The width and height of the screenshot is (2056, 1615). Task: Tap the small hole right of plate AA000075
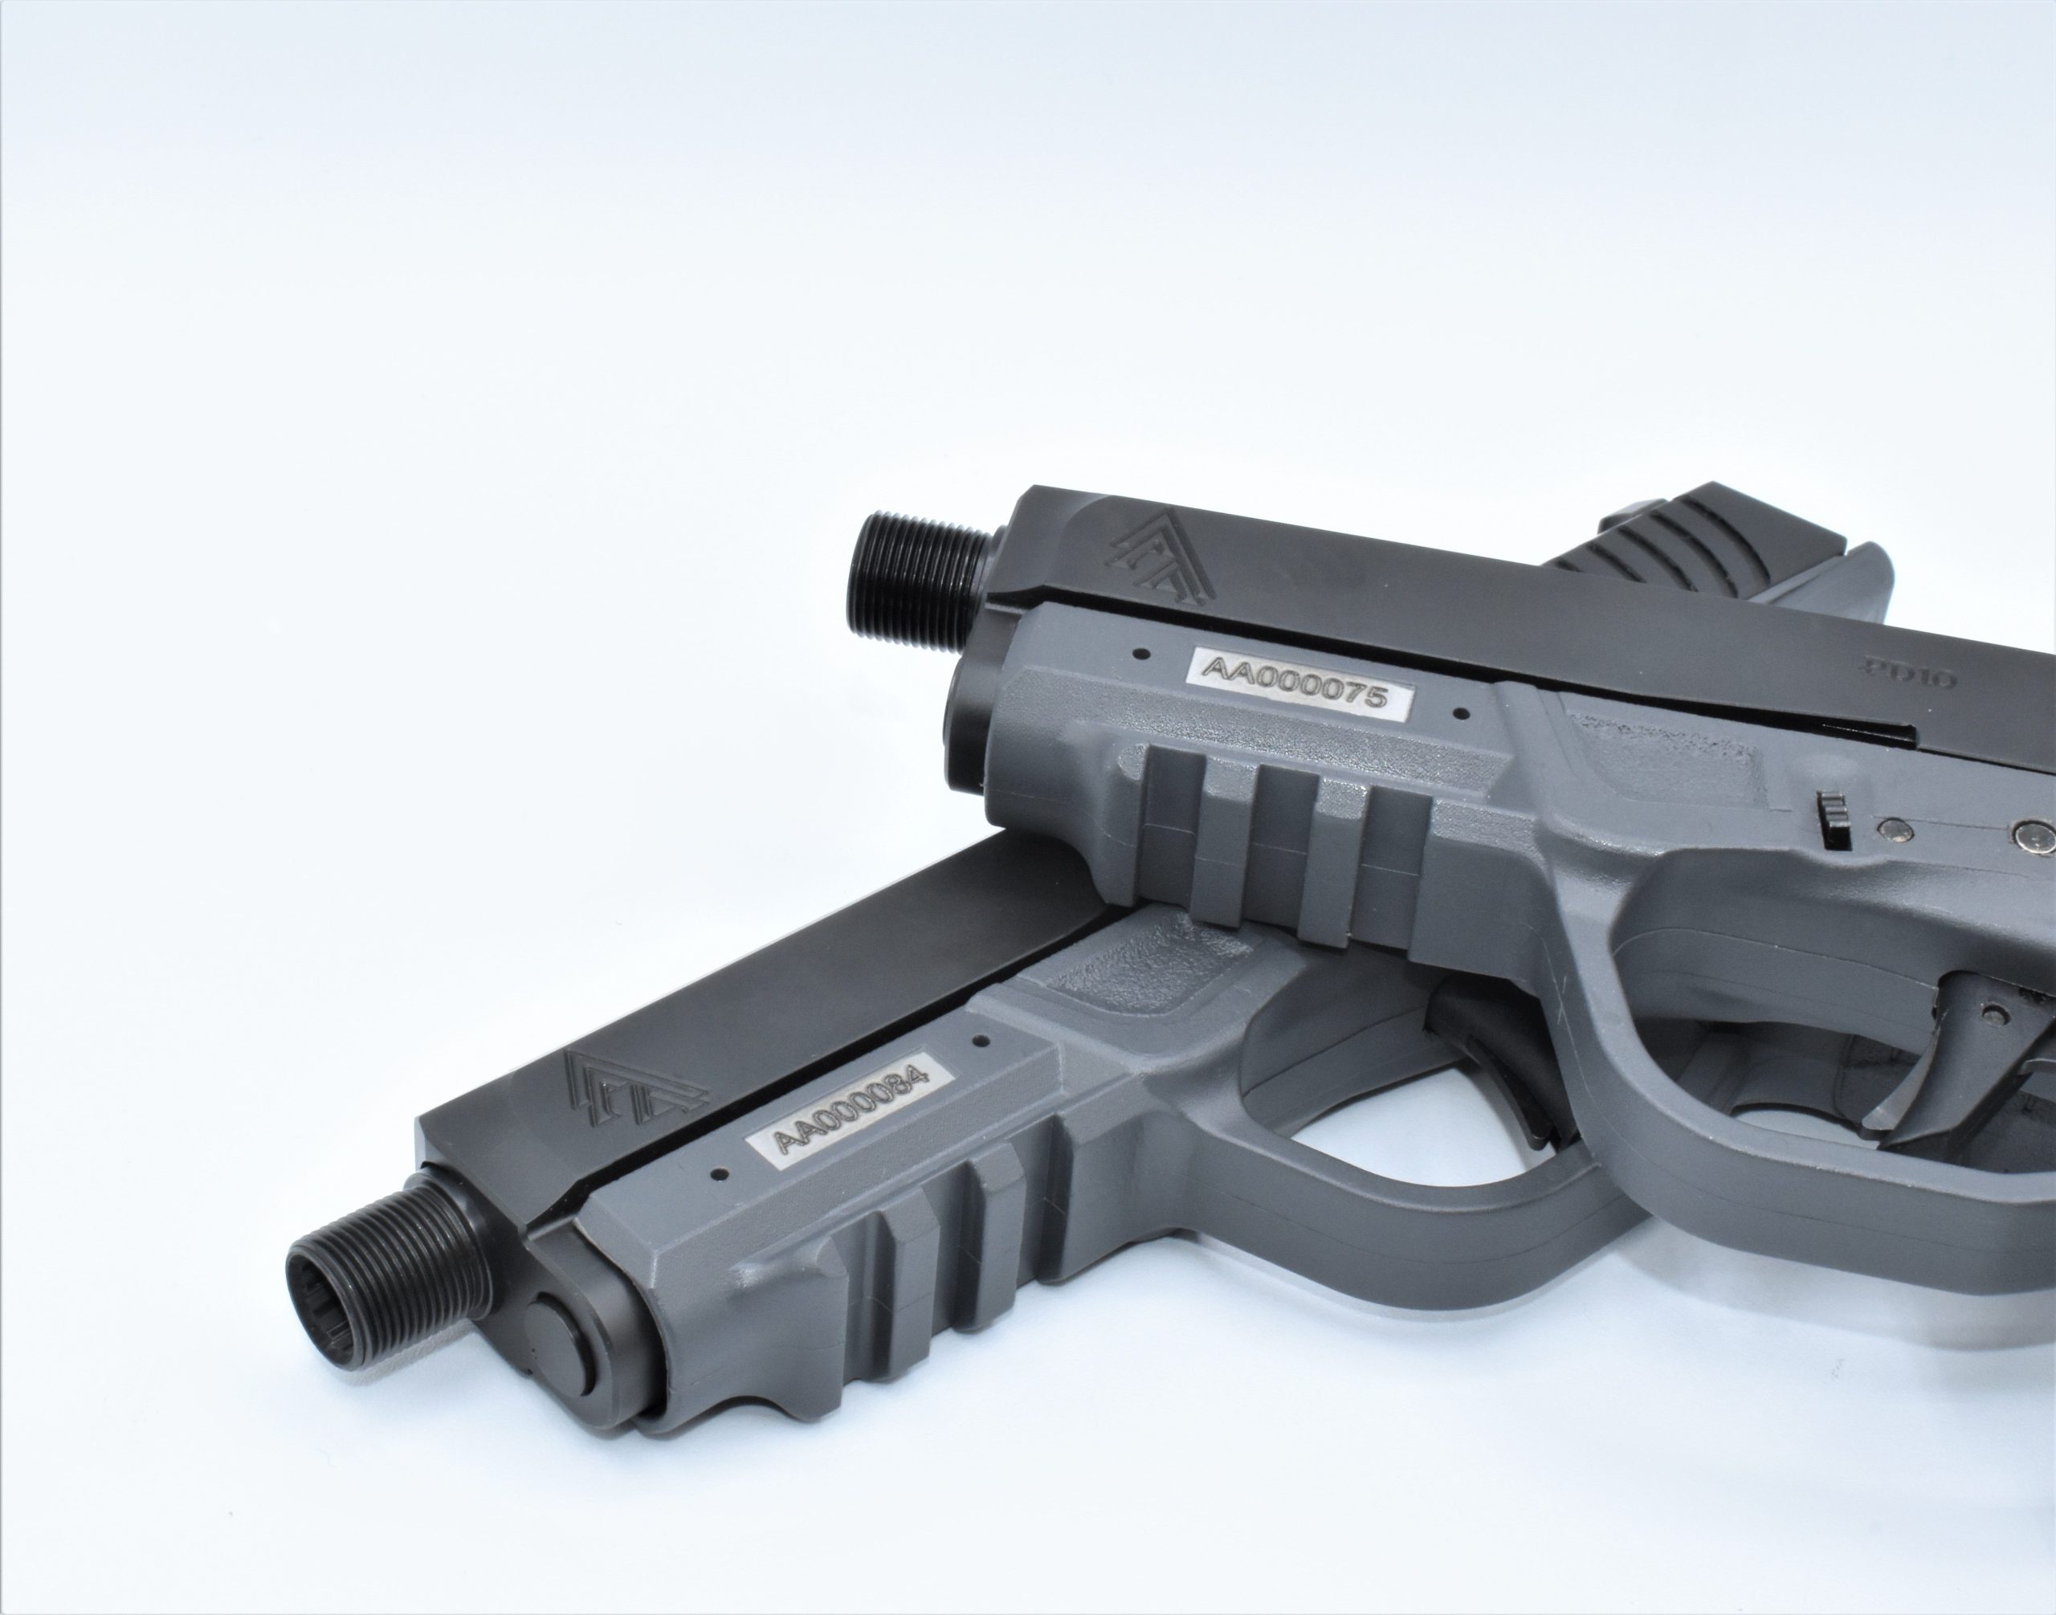(x=1459, y=740)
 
